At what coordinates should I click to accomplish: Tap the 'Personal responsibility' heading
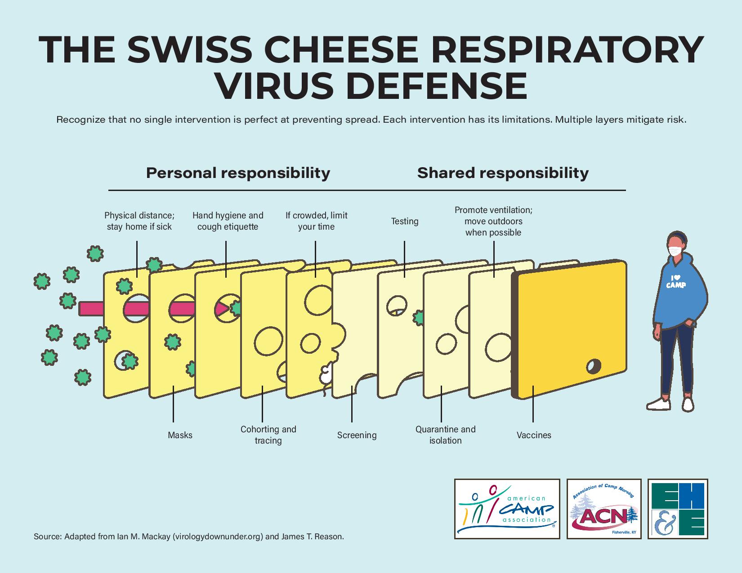click(238, 173)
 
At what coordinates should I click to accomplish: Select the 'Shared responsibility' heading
click(503, 173)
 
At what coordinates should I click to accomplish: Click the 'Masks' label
click(180, 435)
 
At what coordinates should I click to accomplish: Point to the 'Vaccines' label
click(534, 435)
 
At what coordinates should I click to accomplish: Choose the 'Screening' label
click(357, 435)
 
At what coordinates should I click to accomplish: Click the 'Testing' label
click(405, 221)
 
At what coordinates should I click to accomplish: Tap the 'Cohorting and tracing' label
click(268, 435)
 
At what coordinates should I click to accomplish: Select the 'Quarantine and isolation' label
click(445, 435)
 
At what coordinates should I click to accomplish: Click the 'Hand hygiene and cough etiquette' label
click(228, 221)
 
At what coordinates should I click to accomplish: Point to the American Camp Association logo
click(507, 509)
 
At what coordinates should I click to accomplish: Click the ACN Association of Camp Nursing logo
click(604, 509)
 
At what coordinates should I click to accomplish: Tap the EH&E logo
click(678, 509)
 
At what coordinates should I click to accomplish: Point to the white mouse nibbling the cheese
click(326, 373)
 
